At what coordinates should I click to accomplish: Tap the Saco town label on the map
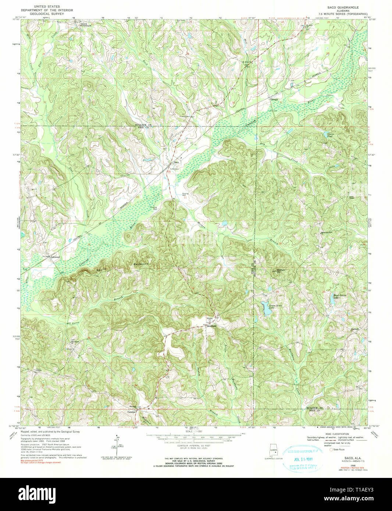tap(176, 162)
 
